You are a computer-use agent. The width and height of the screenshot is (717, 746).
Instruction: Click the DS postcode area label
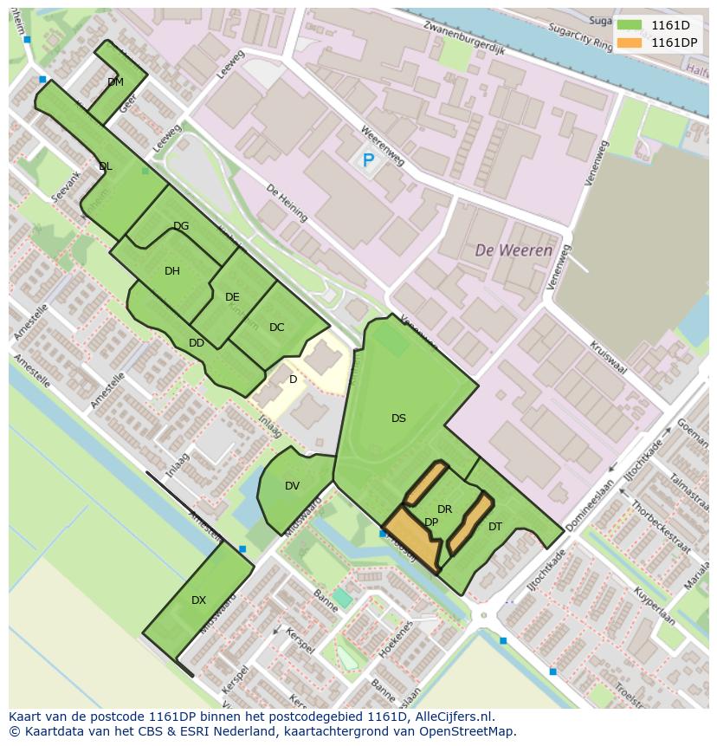coord(398,418)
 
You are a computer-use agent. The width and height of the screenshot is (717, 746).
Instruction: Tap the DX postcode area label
coord(198,600)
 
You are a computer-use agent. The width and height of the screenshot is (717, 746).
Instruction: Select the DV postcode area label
coord(292,486)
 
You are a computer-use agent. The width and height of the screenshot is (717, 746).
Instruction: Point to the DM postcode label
coord(115,82)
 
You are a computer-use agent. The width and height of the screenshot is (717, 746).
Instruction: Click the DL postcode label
coord(105,166)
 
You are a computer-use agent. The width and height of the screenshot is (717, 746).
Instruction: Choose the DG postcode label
coord(181,226)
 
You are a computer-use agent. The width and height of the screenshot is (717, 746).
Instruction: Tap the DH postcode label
coord(172,271)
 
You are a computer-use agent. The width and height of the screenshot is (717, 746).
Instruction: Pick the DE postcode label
coord(232,297)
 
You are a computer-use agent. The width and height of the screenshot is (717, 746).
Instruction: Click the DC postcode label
coord(276,328)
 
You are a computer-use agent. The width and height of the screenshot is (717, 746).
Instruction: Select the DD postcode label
coord(197,343)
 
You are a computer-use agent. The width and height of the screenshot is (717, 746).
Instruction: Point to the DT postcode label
coord(495,526)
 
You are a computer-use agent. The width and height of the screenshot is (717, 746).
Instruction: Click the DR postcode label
coord(444,509)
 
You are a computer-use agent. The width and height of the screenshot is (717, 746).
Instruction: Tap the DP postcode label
coord(431,522)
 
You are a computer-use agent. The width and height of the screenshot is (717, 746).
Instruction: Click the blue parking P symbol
coord(368,160)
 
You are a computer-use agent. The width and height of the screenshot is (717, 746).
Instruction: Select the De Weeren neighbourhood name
coord(514,250)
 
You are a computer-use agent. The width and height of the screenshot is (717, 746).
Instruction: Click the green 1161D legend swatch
coord(630,25)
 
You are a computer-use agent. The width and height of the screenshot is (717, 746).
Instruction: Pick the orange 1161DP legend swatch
coord(630,42)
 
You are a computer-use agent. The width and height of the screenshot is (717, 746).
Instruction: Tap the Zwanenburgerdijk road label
coord(464,38)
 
